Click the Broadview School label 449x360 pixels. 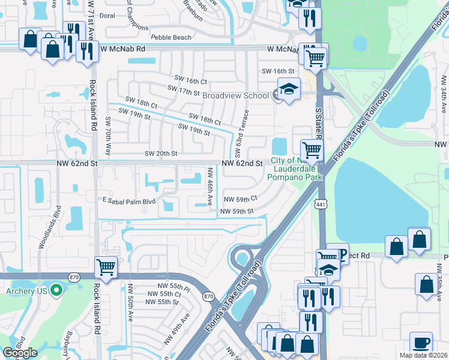tap(235, 95)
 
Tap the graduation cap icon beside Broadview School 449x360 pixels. tap(289, 89)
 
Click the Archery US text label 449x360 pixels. tap(26, 292)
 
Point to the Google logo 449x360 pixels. tap(19, 353)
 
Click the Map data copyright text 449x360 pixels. tap(424, 355)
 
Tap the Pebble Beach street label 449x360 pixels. tap(171, 37)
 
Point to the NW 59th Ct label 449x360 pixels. tap(240, 199)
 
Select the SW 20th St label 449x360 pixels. tap(161, 154)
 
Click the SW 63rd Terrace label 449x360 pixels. tap(246, 130)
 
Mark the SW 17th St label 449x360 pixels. tap(184, 92)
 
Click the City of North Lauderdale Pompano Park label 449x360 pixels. tap(297, 169)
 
